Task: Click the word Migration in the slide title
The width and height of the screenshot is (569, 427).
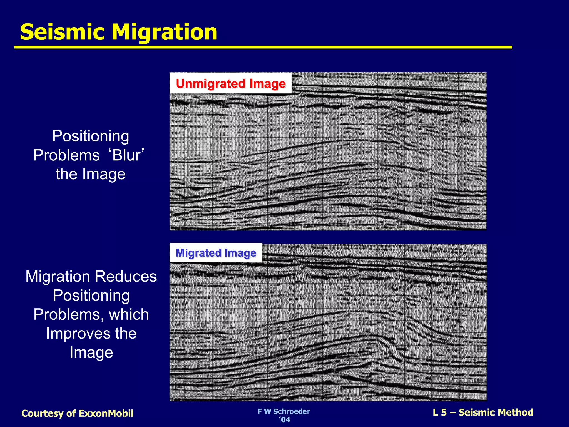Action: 164,32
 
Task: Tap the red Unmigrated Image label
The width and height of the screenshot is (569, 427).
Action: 231,83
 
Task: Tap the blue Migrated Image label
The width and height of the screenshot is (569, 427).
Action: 216,253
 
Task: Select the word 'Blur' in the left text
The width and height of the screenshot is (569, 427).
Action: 128,155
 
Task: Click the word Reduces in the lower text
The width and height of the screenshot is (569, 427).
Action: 126,277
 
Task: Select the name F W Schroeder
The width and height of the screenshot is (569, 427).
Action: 284,411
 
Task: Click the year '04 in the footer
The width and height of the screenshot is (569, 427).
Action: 284,420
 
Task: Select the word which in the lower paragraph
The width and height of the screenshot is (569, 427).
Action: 129,314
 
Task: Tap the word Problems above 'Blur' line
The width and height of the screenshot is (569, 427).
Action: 66,155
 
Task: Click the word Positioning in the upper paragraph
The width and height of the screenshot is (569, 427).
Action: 91,136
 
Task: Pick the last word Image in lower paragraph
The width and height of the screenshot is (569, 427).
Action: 91,352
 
